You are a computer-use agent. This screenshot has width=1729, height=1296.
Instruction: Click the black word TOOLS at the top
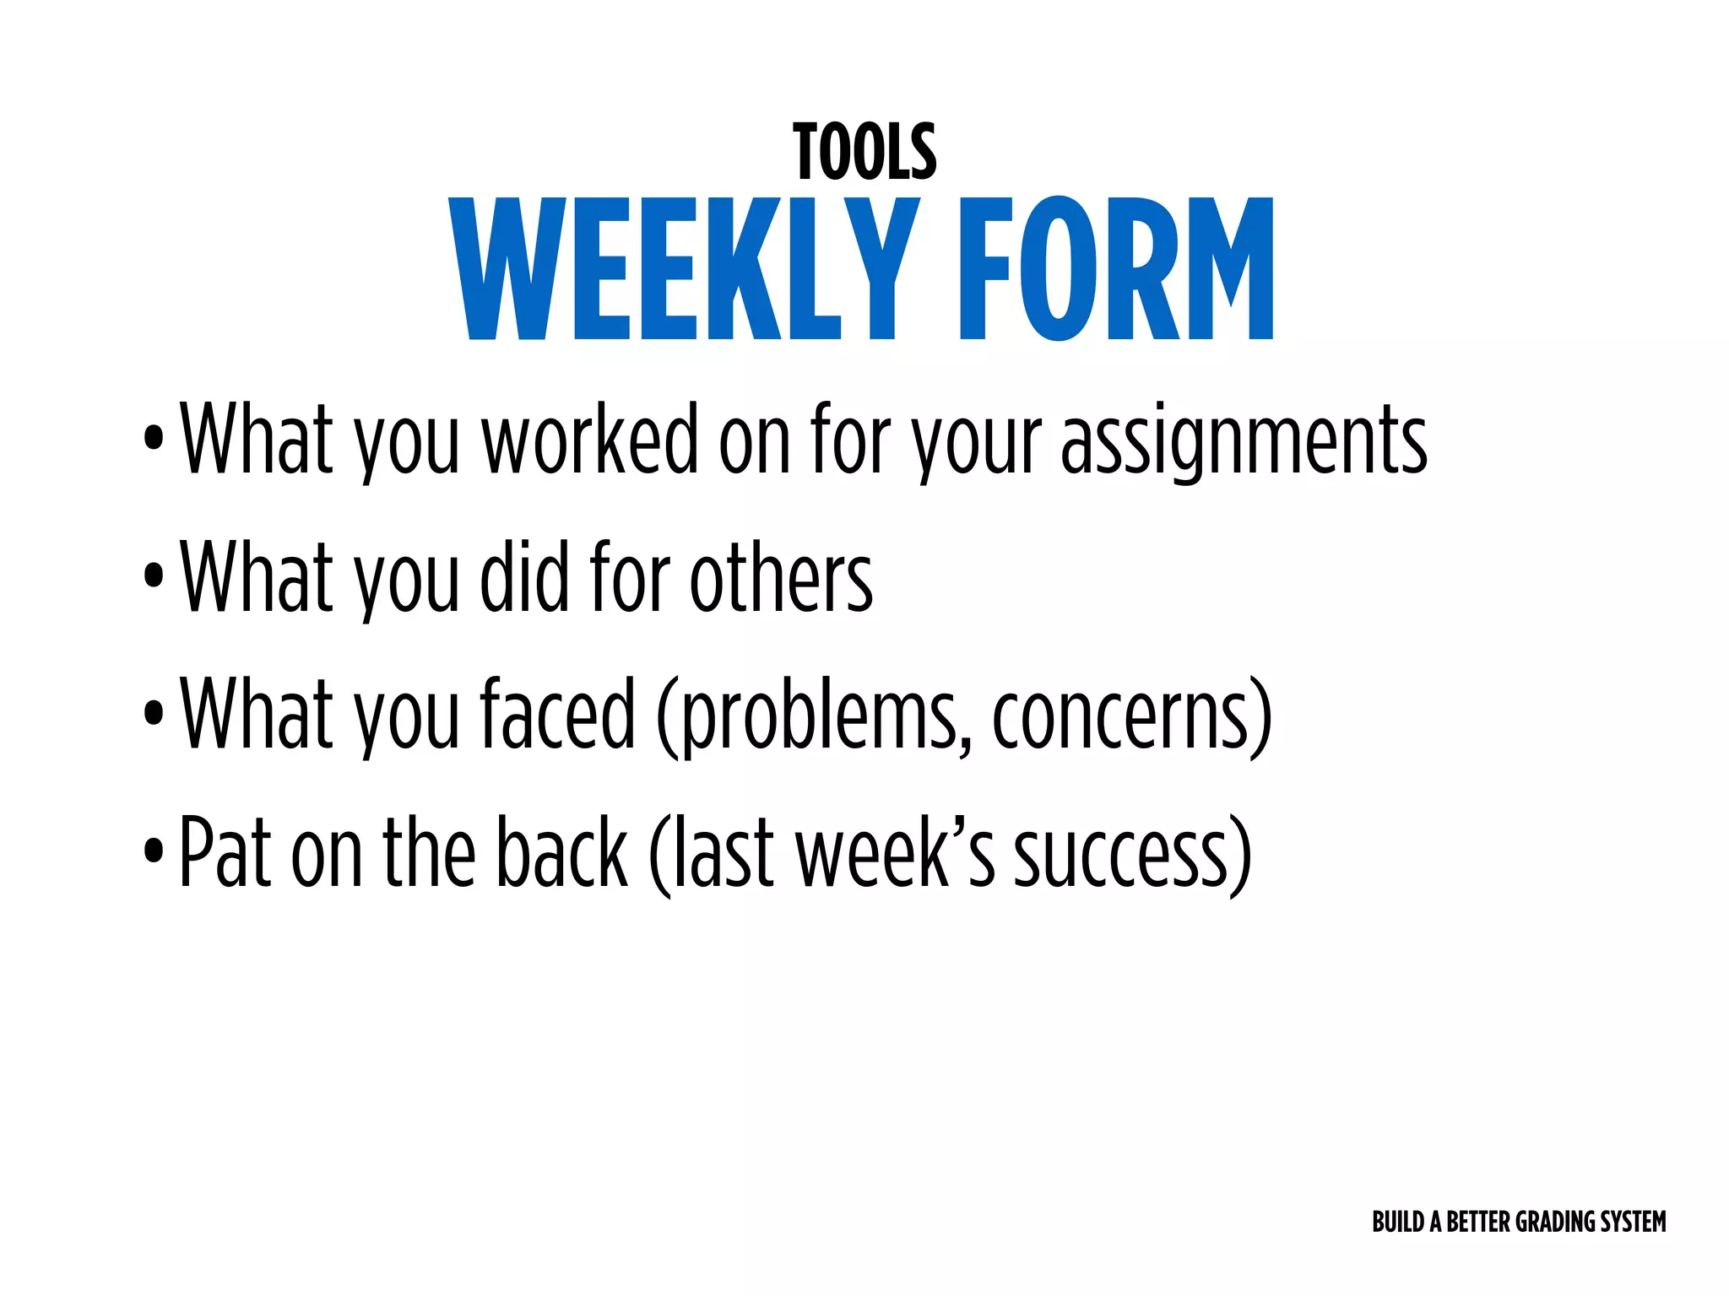coord(864,153)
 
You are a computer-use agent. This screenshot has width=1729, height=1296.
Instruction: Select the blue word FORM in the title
coord(1116,268)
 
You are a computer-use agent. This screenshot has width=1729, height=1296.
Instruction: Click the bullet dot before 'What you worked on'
coord(154,438)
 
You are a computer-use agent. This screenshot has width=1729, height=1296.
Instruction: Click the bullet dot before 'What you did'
coord(154,576)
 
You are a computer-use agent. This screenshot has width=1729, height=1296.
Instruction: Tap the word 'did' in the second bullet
coord(524,577)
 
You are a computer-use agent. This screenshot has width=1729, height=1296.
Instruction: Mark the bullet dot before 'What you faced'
coord(154,714)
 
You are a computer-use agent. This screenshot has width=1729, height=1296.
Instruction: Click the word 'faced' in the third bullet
coord(557,715)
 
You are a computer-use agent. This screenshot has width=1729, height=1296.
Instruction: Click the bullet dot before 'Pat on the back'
coord(154,850)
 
